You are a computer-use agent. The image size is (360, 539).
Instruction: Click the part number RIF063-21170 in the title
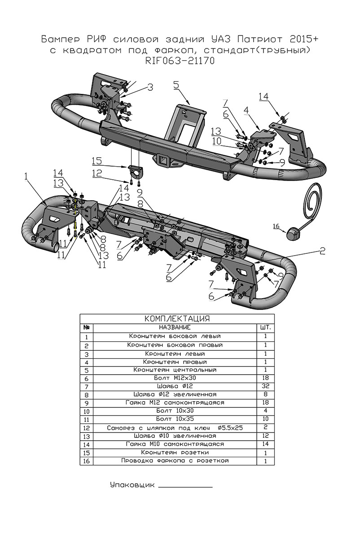180,61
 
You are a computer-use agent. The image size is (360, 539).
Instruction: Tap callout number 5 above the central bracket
176,85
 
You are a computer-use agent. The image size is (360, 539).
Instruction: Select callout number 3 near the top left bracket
150,87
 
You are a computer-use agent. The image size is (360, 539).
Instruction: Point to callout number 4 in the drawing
246,110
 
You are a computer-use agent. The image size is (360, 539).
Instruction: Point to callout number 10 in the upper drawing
217,141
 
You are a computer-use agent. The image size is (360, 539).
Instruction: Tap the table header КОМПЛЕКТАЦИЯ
177,319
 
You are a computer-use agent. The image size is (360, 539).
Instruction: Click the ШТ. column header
265,327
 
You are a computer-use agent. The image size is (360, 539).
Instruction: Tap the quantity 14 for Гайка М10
265,444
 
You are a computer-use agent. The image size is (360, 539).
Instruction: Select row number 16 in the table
86,461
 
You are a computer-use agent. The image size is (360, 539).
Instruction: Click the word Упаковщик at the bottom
132,485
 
